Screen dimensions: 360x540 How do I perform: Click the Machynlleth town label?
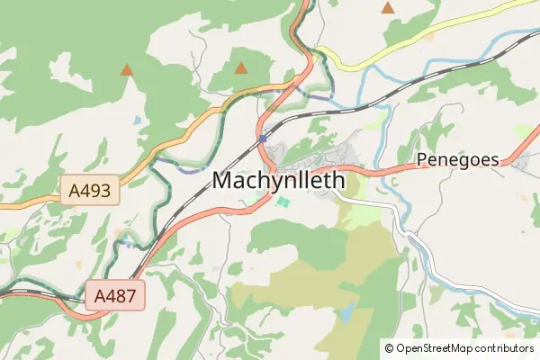point(279,180)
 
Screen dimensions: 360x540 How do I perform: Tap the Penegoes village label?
point(458,159)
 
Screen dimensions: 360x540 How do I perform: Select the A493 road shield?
point(90,189)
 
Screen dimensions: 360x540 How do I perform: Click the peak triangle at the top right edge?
point(388,8)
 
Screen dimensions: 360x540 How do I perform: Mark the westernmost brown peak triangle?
point(127,69)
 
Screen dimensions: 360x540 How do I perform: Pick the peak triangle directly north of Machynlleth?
point(240,67)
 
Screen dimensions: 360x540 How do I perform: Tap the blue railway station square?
point(261,138)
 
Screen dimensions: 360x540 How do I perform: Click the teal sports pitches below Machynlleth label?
point(283,202)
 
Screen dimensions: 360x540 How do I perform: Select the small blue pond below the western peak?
point(136,119)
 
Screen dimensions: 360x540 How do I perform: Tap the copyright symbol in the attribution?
point(389,347)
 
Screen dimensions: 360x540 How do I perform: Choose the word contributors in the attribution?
point(507,347)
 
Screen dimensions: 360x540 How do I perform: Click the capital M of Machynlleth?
point(223,180)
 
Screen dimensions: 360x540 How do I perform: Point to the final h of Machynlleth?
point(339,180)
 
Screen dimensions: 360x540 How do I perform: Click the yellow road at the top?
point(360,65)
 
